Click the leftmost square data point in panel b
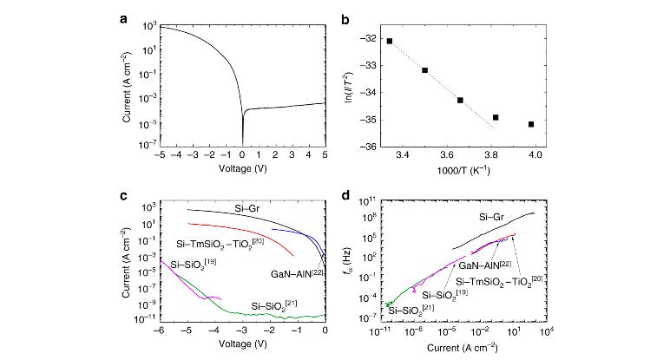tap(390, 41)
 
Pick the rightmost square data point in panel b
tap(531, 125)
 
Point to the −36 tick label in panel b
tap(365, 147)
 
